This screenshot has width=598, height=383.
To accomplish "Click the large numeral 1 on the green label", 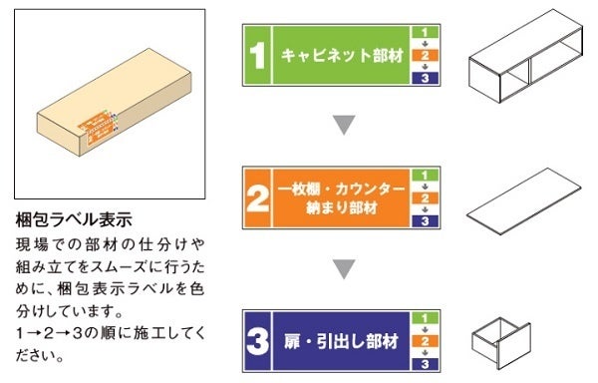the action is click(258, 55).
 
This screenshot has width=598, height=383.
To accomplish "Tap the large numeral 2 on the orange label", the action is click(258, 198).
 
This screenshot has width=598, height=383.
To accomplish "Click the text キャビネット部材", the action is click(342, 56).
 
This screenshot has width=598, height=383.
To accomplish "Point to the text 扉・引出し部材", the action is click(341, 341).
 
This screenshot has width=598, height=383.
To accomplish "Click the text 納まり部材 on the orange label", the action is click(342, 207).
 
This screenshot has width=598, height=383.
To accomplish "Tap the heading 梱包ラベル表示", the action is click(74, 219).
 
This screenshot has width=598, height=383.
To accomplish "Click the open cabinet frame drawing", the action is click(525, 57).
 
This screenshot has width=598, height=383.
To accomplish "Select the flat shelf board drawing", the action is click(523, 201).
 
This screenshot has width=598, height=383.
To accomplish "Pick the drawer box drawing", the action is click(501, 343).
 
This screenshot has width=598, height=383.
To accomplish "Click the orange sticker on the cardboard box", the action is click(97, 127).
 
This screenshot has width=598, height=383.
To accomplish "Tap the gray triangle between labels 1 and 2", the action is click(344, 125).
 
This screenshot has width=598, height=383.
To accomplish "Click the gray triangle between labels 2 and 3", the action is click(344, 269).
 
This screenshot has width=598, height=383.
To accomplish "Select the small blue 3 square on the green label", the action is click(425, 78).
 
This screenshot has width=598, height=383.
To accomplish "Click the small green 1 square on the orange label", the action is click(425, 176).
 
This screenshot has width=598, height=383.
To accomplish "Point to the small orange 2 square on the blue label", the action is click(425, 341).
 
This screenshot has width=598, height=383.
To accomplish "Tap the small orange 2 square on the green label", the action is click(425, 55).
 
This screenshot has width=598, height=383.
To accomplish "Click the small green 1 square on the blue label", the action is click(425, 318).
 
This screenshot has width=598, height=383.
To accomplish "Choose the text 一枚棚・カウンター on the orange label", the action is click(341, 189).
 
